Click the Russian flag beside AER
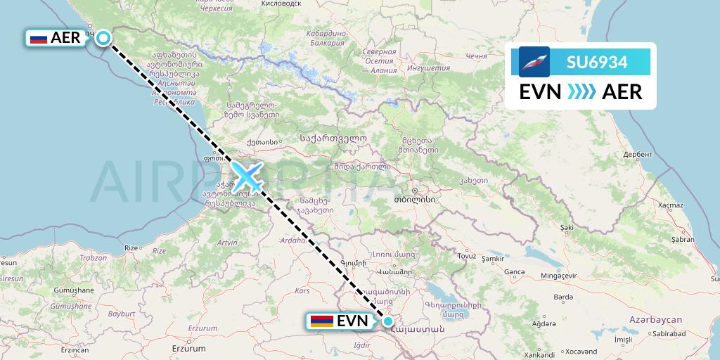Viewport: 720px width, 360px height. [39, 39]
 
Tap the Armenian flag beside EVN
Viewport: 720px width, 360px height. [321, 321]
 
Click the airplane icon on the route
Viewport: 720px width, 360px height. [247, 176]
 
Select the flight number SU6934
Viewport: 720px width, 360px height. [597, 61]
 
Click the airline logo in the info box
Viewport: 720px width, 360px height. [534, 62]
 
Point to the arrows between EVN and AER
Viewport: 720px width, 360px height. [581, 92]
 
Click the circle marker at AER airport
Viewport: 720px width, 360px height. [103, 38]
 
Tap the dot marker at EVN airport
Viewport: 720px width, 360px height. [388, 321]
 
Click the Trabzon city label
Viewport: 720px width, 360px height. [92, 257]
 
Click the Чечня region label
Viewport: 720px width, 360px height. [476, 56]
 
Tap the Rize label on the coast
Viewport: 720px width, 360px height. [131, 248]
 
